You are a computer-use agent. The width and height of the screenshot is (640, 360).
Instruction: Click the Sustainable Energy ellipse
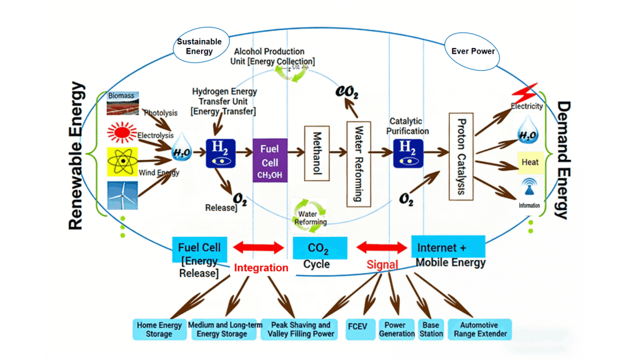(199, 47)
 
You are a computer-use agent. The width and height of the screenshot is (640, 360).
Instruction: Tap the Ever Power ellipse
(472, 51)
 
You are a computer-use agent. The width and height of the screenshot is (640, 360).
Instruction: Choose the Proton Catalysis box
(462, 156)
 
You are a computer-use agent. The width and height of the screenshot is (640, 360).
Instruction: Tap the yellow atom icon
(122, 161)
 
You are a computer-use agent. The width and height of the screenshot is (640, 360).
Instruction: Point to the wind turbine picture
(122, 194)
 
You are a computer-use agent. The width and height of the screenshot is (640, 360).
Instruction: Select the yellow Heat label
(529, 162)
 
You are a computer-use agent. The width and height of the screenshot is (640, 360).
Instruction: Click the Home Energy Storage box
(159, 329)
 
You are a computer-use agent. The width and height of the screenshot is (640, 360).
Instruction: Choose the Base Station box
(431, 329)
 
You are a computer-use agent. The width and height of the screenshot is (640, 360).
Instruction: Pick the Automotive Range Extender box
(479, 329)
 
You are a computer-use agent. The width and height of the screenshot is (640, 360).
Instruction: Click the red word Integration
(261, 267)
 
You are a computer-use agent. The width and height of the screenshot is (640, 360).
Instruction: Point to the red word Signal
(382, 264)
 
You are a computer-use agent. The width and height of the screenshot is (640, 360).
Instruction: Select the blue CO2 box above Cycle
(319, 248)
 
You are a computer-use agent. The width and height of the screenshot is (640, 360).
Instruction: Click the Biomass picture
(122, 104)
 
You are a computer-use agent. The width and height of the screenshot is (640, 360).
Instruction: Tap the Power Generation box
(396, 329)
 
